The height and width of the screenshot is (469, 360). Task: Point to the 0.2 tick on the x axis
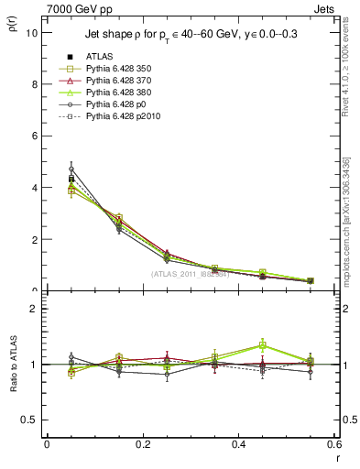(142, 443)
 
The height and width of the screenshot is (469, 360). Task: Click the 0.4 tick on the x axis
(238, 443)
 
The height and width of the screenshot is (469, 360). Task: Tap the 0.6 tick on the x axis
(333, 443)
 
